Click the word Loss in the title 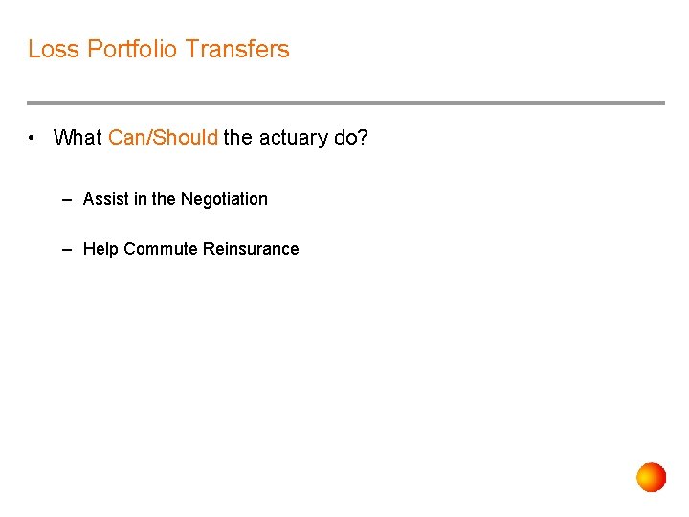(x=54, y=49)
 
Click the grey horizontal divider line (x=344, y=103)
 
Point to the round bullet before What (x=33, y=138)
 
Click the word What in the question (x=78, y=138)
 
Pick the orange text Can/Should (x=163, y=138)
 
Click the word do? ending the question (x=351, y=138)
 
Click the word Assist (x=105, y=199)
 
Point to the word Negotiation (x=224, y=199)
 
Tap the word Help (x=100, y=249)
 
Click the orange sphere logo (x=652, y=477)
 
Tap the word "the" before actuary (x=238, y=138)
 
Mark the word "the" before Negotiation (x=164, y=199)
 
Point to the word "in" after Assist (x=140, y=199)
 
